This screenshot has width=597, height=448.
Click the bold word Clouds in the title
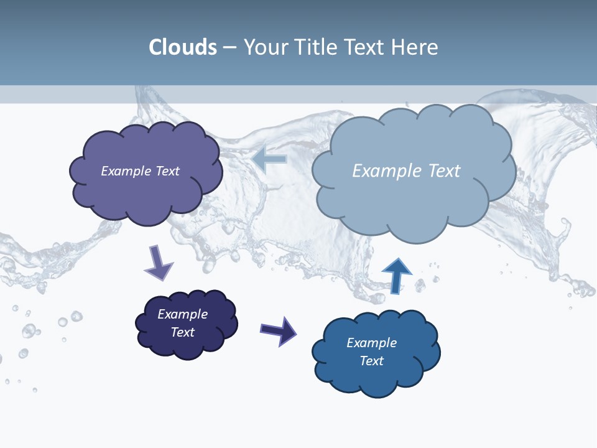tap(183, 47)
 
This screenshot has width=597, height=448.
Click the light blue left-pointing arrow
tap(270, 159)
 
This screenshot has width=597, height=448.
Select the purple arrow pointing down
tap(159, 264)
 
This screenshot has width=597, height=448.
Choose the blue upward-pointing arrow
tap(397, 276)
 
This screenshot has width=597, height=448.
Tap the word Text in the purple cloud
tap(167, 171)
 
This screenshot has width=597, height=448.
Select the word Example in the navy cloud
tap(182, 314)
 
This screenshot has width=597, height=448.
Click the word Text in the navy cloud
tap(182, 332)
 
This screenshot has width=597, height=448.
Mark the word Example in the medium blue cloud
tap(371, 343)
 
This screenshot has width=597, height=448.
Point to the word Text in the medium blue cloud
tap(371, 361)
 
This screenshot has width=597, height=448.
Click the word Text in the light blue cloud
tap(444, 170)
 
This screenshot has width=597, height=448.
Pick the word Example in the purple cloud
tap(126, 171)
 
